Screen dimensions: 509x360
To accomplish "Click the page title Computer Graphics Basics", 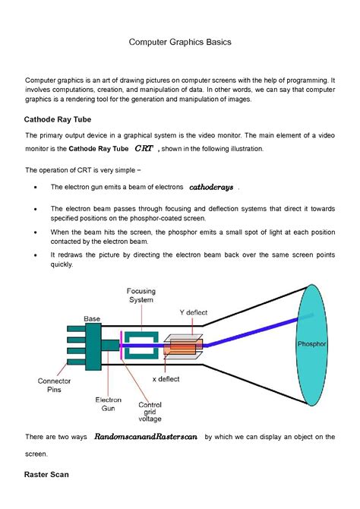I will point(179,43).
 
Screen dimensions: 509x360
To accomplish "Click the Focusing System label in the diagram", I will point(141,295).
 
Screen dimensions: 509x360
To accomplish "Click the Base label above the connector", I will point(92,318).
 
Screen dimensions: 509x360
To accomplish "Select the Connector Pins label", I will point(55,385).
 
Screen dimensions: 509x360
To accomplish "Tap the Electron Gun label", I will point(108,403).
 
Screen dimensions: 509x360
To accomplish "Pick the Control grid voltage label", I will point(150,411).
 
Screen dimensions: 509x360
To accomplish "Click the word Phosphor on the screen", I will point(312,344).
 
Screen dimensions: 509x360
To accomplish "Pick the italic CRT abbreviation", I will point(144,149).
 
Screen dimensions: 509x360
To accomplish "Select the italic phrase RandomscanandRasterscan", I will point(146,438).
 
